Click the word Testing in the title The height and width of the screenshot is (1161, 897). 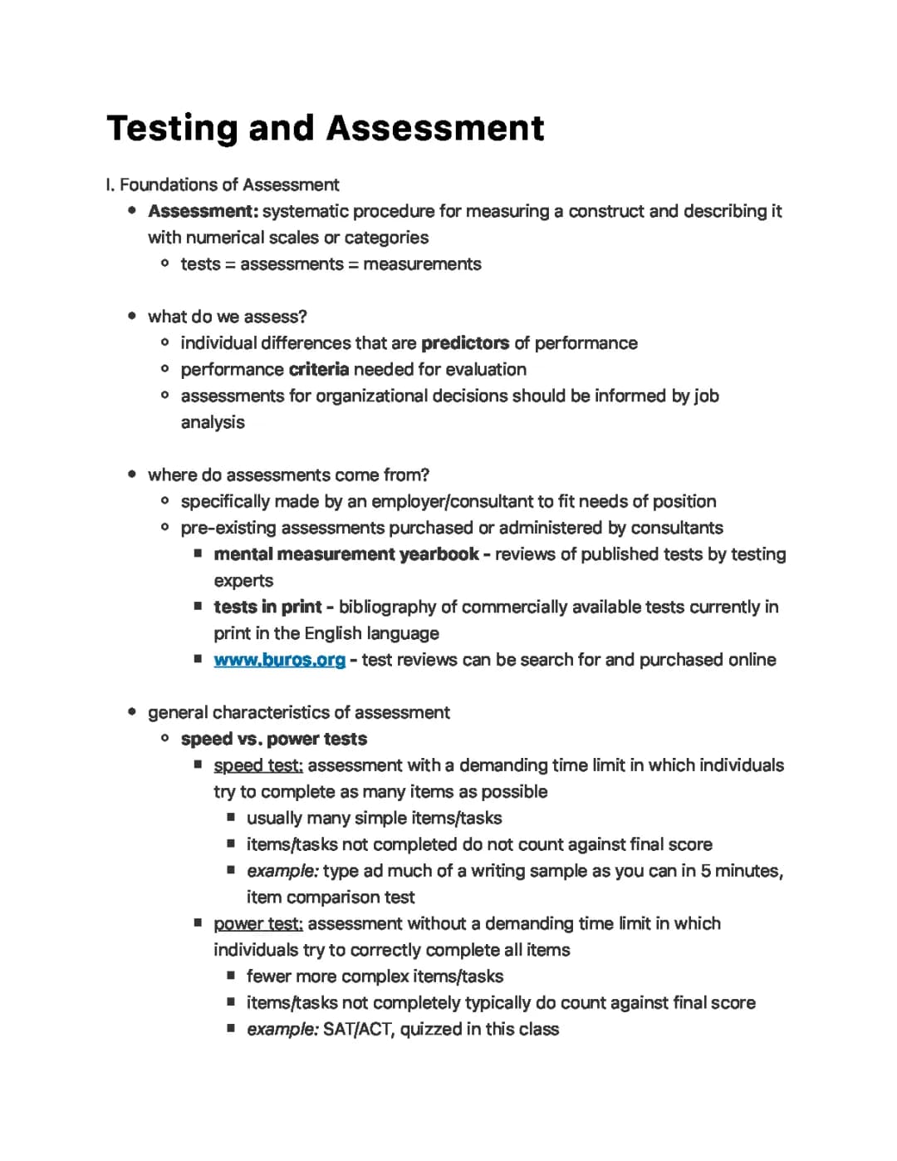(171, 129)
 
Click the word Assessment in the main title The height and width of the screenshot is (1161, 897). (435, 129)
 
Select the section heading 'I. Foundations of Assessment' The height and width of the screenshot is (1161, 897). (223, 184)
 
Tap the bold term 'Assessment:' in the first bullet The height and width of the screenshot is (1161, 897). (203, 211)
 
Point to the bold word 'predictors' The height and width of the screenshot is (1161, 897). (465, 343)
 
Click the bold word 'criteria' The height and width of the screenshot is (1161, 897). (319, 370)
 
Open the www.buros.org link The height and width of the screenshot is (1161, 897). (279, 660)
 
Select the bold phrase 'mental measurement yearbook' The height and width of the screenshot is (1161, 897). (346, 554)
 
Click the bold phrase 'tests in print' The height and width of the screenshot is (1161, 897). (268, 607)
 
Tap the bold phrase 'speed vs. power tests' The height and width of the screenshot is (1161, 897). (273, 739)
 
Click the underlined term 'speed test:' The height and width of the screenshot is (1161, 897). (257, 765)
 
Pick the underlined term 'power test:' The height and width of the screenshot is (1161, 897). (257, 923)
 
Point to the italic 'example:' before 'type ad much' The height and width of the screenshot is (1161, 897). (282, 871)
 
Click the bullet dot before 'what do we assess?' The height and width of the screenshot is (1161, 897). (132, 317)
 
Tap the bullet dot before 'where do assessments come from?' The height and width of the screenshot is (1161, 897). (132, 475)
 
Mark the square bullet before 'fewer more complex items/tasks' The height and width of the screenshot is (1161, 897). (231, 977)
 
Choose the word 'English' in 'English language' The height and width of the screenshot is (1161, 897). (333, 633)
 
